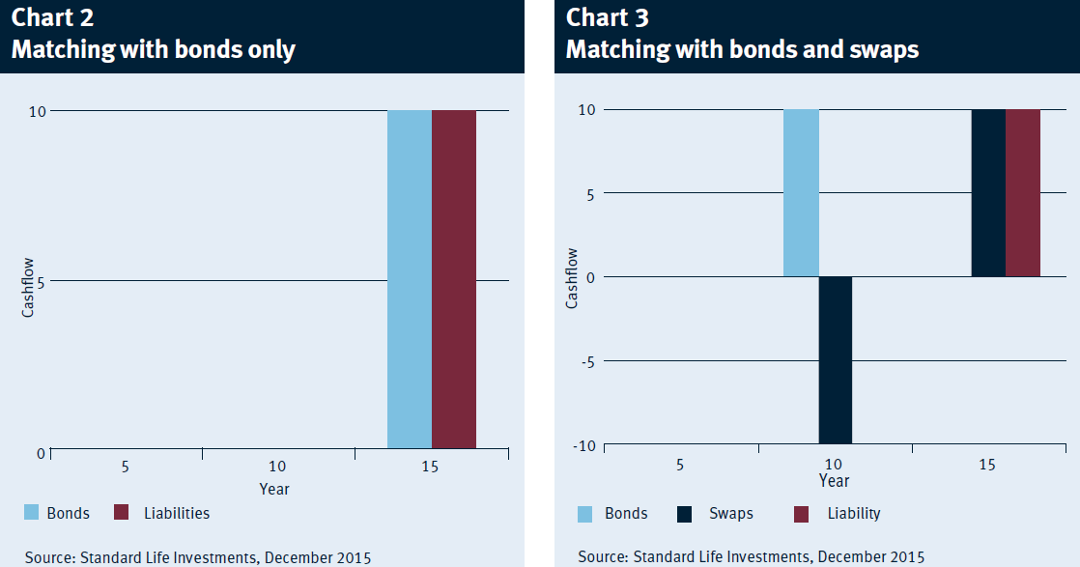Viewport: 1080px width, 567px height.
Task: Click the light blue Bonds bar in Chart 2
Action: tap(410, 279)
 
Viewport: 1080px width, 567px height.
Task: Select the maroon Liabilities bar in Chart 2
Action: tap(454, 279)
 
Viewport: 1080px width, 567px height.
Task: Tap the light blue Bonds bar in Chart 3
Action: tap(801, 193)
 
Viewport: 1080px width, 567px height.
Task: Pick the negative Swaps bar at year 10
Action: tap(836, 359)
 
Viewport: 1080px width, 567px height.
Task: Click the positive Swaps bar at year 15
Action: tap(988, 193)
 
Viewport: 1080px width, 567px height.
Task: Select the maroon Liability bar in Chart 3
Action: tap(1023, 193)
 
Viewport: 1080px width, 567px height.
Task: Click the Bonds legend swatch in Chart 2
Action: tap(31, 512)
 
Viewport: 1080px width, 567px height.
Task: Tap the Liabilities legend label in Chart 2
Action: tap(177, 513)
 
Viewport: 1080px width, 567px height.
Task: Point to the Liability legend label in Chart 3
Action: tap(854, 513)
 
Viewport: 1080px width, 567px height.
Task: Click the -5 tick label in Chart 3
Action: tap(586, 361)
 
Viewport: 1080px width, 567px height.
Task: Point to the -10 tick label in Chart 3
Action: tap(584, 445)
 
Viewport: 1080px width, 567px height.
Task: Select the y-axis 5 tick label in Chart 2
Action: tap(41, 282)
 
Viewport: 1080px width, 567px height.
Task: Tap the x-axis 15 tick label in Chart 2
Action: tap(430, 468)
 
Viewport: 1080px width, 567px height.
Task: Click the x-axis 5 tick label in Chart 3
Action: tap(680, 465)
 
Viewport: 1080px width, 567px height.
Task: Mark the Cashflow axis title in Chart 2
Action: tap(28, 287)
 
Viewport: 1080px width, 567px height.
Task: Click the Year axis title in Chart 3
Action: tap(834, 481)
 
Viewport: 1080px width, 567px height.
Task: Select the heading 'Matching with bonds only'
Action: tap(154, 49)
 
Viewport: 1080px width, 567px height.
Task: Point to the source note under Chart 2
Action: tap(198, 557)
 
